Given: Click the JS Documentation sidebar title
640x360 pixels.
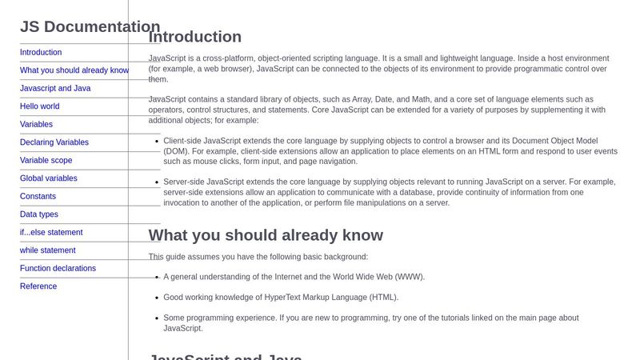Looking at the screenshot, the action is pyautogui.click(x=90, y=26).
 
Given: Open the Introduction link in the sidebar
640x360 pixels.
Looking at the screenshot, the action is pyautogui.click(x=41, y=53).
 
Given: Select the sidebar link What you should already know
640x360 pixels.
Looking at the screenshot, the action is pyautogui.click(x=74, y=70).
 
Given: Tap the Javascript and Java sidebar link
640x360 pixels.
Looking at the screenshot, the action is pyautogui.click(x=55, y=89).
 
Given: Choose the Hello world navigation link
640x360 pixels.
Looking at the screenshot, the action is pyautogui.click(x=40, y=106).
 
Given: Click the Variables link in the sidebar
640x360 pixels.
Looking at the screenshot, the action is pyautogui.click(x=36, y=125).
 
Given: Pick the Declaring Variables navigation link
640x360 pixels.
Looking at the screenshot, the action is pyautogui.click(x=54, y=142).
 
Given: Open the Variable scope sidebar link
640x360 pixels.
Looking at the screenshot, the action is pyautogui.click(x=46, y=161).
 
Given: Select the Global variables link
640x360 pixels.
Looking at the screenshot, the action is pyautogui.click(x=49, y=178).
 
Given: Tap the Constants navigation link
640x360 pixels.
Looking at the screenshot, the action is pyautogui.click(x=38, y=197).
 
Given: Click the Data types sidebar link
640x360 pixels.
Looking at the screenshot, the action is pyautogui.click(x=39, y=214).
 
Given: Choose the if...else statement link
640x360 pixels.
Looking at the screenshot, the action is pyautogui.click(x=51, y=233).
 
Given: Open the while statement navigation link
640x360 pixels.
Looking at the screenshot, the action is pyautogui.click(x=48, y=250).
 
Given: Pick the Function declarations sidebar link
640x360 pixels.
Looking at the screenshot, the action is pyautogui.click(x=58, y=269).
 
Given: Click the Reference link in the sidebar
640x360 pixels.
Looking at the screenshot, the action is pyautogui.click(x=38, y=286).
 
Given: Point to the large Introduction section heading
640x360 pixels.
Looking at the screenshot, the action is pyautogui.click(x=195, y=37).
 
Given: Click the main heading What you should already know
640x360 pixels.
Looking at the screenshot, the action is pyautogui.click(x=266, y=235).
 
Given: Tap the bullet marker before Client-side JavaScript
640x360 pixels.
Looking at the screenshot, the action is pyautogui.click(x=155, y=140).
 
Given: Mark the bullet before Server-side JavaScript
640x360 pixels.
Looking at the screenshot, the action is pyautogui.click(x=155, y=182).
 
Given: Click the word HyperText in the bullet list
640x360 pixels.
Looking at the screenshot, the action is pyautogui.click(x=264, y=298).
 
